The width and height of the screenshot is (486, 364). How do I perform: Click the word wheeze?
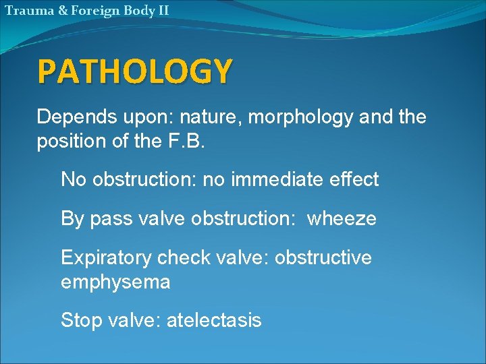342,219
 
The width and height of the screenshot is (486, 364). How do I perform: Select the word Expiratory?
105,258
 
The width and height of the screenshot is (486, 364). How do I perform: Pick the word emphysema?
115,282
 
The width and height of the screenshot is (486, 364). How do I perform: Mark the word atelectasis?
213,320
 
